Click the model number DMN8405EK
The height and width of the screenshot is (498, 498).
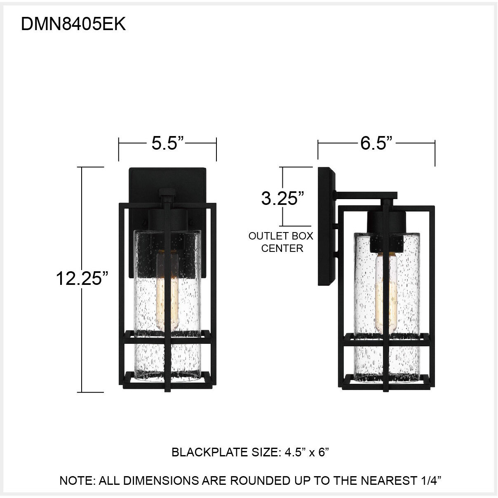click(73, 25)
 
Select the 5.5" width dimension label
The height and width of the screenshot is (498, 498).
click(167, 143)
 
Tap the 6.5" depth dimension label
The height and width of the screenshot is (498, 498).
click(376, 143)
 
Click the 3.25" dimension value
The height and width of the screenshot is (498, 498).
click(282, 198)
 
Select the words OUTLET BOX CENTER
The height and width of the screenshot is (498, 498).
click(281, 242)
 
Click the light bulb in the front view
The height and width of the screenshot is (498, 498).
click(167, 289)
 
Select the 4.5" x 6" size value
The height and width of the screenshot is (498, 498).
click(307, 452)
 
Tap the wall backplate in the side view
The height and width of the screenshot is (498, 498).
click(327, 227)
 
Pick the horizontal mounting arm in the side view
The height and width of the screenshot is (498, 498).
click(366, 195)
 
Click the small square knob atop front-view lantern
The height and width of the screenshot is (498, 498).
click(167, 193)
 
